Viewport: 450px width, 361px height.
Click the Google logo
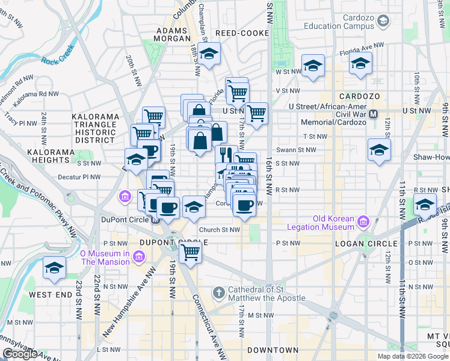point(20,354)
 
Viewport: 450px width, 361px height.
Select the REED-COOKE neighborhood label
point(241,34)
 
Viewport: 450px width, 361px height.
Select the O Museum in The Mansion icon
point(138,258)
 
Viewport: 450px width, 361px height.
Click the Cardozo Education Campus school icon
point(383,22)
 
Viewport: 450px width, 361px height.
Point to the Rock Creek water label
point(58,54)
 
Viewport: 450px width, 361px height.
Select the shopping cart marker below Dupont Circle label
point(190,253)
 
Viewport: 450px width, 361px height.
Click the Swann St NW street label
point(296,150)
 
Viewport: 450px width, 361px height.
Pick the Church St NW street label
point(220,229)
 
